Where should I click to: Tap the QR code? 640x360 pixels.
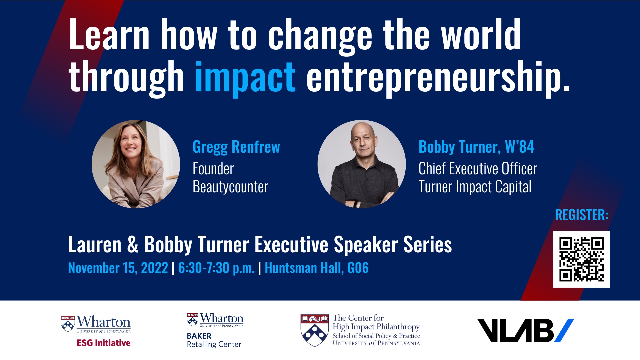[x=581, y=259]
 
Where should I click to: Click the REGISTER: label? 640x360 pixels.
[x=582, y=215]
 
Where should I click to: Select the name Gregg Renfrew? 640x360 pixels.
[x=236, y=147]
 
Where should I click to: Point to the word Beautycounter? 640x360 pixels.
[x=230, y=187]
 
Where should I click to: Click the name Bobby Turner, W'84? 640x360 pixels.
[x=476, y=147]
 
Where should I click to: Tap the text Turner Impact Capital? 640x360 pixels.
[x=475, y=187]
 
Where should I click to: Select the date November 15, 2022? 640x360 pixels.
[x=118, y=268]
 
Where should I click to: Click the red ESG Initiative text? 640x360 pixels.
[x=104, y=343]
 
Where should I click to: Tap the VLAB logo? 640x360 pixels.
[x=526, y=330]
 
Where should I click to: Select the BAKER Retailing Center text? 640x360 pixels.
[x=214, y=340]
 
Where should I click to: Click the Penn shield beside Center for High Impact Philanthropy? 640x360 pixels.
[x=314, y=330]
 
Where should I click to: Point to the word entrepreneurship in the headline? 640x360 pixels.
[x=438, y=79]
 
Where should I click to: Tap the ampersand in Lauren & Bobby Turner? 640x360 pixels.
[x=132, y=244]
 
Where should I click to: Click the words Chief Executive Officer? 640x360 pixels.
[x=478, y=169]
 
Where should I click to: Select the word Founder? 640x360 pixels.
[x=213, y=169]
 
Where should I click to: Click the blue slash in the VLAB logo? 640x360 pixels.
[x=564, y=330]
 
